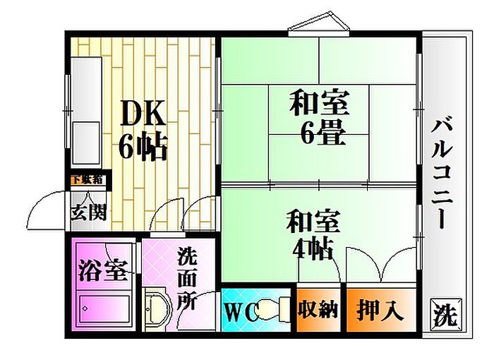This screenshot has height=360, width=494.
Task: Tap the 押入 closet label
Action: pos(380,310)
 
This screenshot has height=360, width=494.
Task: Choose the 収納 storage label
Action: pos(318,310)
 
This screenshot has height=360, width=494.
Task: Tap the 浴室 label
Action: pos(102,270)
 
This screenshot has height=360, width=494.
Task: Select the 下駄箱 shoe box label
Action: pos(87,179)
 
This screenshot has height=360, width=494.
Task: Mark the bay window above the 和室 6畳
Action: pos(318,25)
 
